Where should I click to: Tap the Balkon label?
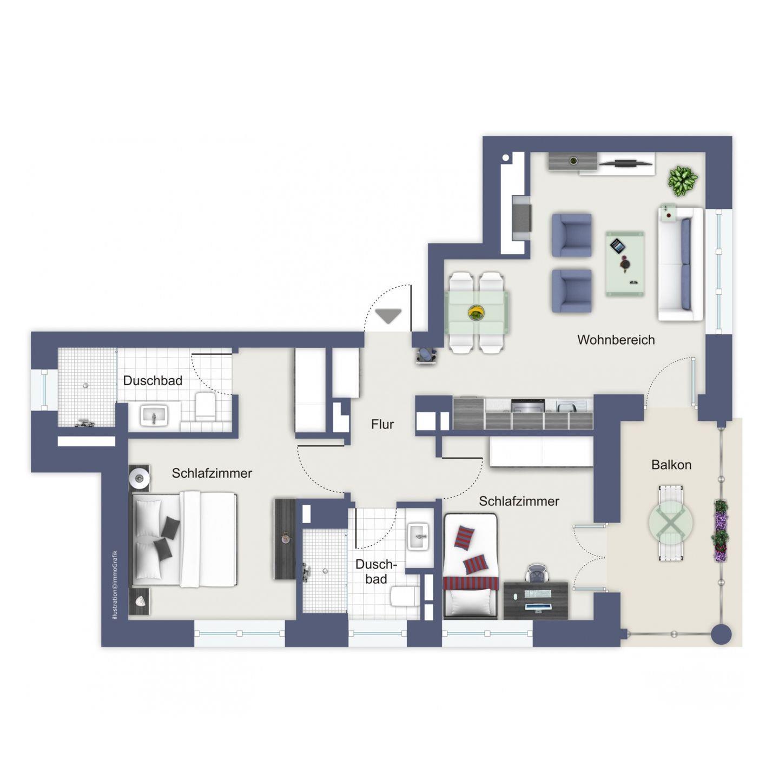coord(671,465)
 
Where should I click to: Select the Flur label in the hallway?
coord(382,424)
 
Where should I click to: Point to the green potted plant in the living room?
coord(683,181)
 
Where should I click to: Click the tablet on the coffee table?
coord(617,246)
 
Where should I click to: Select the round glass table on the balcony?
coord(671,523)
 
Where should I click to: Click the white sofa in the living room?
coord(681,264)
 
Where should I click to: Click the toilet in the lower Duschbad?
coord(405,596)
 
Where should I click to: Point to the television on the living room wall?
coord(625,163)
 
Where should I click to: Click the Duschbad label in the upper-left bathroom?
coord(153,380)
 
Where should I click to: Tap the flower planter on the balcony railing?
coord(720,530)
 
